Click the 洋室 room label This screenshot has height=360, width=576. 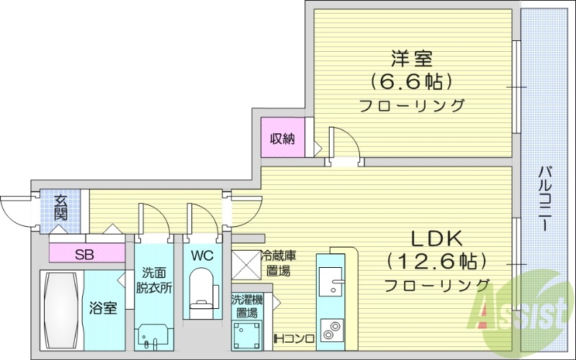pyautogui.click(x=411, y=56)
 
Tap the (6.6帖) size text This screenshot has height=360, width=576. pyautogui.click(x=411, y=79)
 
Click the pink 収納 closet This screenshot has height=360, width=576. pyautogui.click(x=282, y=139)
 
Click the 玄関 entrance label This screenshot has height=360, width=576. pyautogui.click(x=60, y=207)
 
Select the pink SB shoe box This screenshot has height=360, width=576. pyautogui.click(x=84, y=253)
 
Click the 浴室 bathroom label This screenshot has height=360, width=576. pyautogui.click(x=103, y=308)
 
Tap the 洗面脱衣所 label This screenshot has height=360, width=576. pyautogui.click(x=154, y=281)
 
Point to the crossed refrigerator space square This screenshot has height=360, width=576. pyautogui.click(x=244, y=263)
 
